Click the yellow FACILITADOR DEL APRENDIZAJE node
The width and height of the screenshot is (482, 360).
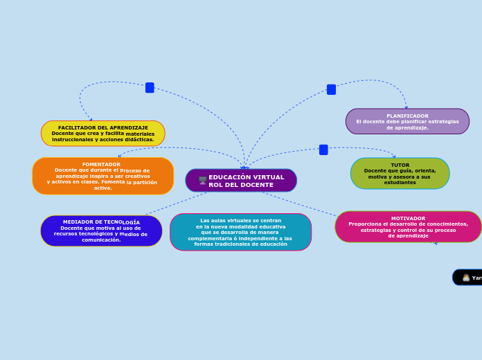point(103,134)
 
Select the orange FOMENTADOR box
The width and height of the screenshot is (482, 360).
point(102,177)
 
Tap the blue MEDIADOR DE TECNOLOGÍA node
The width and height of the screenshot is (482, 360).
point(101,231)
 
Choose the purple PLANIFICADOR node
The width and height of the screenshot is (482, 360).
point(407,122)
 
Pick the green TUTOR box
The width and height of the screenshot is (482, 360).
point(400,174)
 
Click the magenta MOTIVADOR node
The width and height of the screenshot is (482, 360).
point(408,227)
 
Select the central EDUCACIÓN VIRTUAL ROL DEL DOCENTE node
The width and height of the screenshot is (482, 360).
point(241,181)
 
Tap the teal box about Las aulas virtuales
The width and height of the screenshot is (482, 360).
point(240,233)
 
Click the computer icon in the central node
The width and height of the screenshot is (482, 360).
point(203,181)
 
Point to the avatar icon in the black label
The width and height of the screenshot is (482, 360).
point(466,278)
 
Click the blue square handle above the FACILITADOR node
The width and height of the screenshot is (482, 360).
point(150,88)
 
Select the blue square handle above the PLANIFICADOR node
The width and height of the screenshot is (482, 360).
point(331,89)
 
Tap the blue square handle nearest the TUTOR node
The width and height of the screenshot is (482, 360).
point(323,150)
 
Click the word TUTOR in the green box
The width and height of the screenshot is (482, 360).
point(400,165)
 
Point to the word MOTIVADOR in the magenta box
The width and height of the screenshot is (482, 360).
point(408,219)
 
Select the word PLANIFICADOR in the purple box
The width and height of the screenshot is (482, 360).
point(407,116)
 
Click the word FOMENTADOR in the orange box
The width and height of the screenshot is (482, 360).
point(101,165)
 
